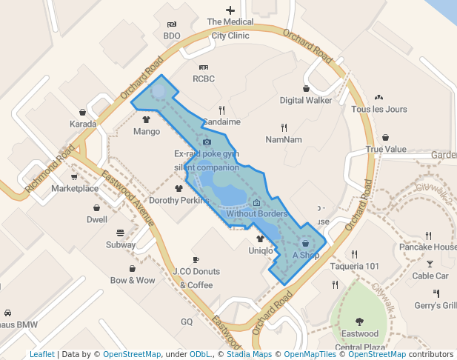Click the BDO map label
[172, 35]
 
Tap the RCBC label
[203, 78]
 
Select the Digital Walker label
[306, 100]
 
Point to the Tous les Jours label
[379, 109]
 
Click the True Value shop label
[386, 149]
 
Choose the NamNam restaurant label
[284, 139]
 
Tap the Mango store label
[147, 132]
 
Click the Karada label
[83, 124]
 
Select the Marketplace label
[75, 188]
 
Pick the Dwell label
[97, 219]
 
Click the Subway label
[121, 244]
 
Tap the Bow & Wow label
[133, 280]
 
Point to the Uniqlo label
[260, 250]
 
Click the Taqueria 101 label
[354, 266]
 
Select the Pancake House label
[427, 247]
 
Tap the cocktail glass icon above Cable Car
[430, 263]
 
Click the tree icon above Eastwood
[360, 321]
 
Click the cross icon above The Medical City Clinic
[230, 10]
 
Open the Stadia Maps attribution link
[247, 354]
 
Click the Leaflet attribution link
[42, 354]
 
